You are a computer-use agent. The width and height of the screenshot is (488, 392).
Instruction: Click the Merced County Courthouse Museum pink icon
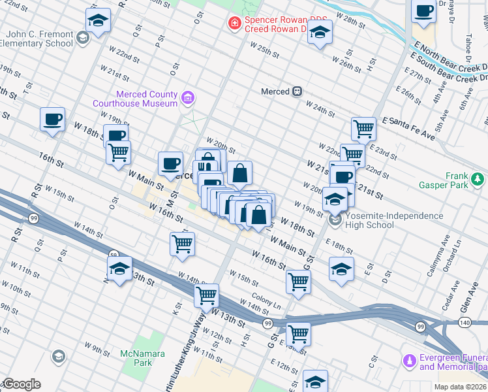[x=188, y=98]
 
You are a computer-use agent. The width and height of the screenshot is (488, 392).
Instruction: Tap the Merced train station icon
[x=297, y=91]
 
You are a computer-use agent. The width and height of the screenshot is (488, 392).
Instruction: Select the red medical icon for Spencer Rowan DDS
[x=233, y=24]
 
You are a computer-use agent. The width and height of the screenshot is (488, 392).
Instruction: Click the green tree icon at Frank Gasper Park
[x=478, y=177]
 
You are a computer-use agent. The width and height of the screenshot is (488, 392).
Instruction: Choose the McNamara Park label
[x=136, y=357]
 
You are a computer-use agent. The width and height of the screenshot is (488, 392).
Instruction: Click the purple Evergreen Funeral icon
[x=410, y=360]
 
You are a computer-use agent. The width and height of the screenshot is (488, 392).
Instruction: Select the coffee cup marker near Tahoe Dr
[x=424, y=11]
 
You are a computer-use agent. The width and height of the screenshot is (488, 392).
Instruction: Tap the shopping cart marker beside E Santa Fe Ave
[x=363, y=128]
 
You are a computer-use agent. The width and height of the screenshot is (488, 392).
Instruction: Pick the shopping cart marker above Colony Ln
[x=298, y=282]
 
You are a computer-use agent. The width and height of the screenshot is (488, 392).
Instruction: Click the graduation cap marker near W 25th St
[x=320, y=32]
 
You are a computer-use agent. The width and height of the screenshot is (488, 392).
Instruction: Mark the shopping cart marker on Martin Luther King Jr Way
[x=207, y=295]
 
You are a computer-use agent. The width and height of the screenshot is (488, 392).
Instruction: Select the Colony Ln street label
[x=267, y=304]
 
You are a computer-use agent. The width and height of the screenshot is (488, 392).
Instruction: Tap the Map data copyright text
[x=461, y=387]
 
